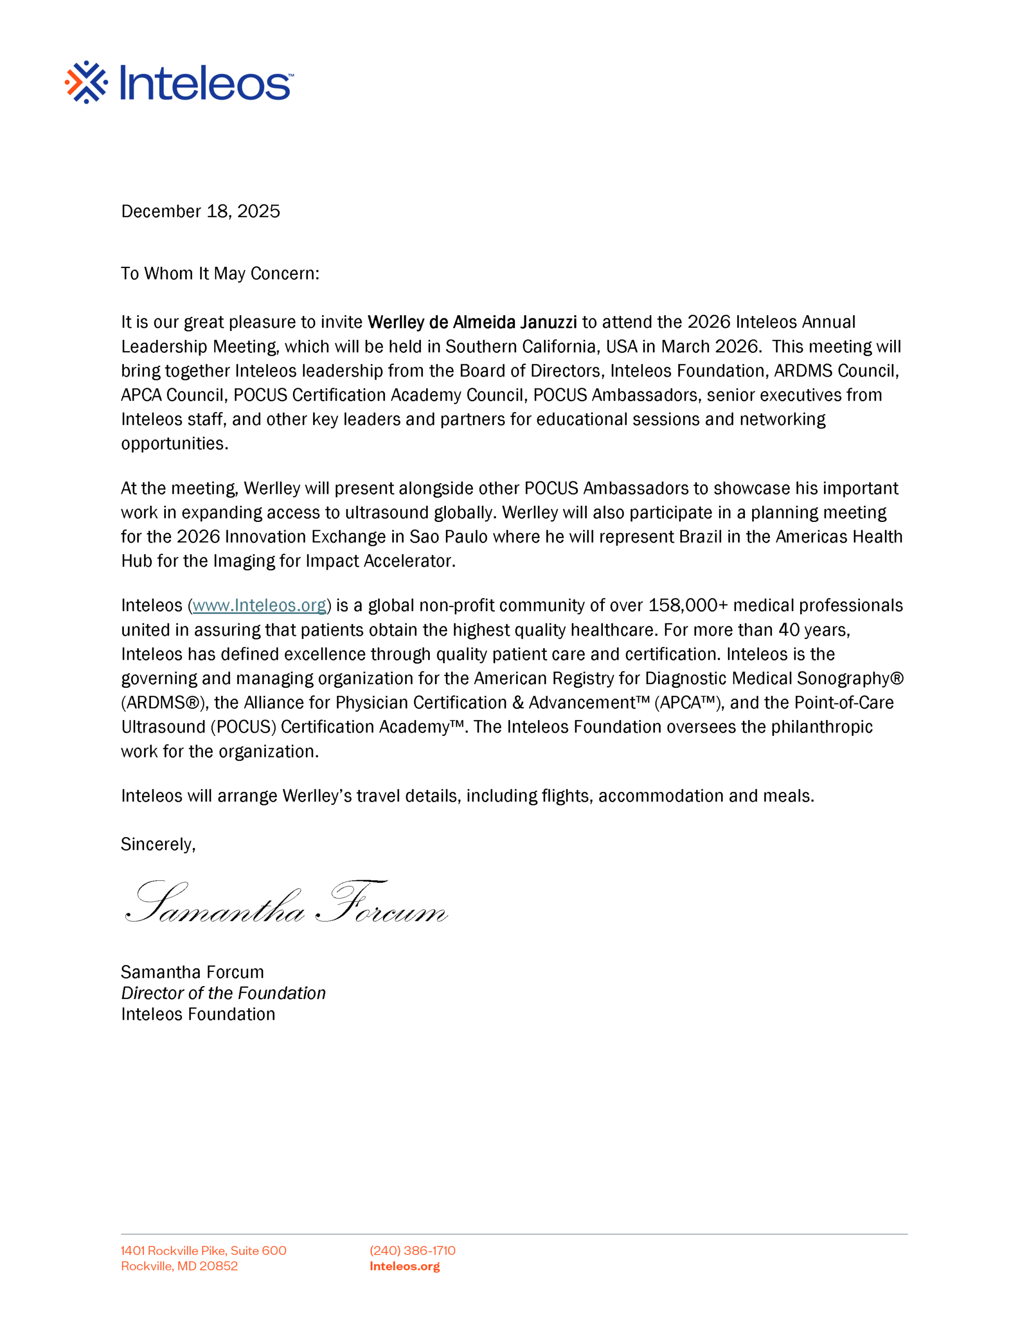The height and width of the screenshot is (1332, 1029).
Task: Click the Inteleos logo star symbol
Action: click(x=86, y=82)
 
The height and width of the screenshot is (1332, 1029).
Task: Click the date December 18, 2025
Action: click(x=200, y=211)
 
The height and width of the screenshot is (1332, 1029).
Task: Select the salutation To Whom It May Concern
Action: click(x=220, y=273)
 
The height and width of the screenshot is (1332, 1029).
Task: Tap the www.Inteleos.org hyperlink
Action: click(x=259, y=605)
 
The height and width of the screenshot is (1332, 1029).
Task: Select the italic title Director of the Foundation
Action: click(x=223, y=993)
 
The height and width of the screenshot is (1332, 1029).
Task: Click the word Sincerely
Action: click(x=158, y=844)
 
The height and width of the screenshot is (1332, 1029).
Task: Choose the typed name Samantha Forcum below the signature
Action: click(x=192, y=971)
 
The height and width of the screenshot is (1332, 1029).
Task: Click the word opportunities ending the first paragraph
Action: click(x=174, y=443)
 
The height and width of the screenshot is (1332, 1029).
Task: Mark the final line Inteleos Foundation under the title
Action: click(x=198, y=1014)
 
